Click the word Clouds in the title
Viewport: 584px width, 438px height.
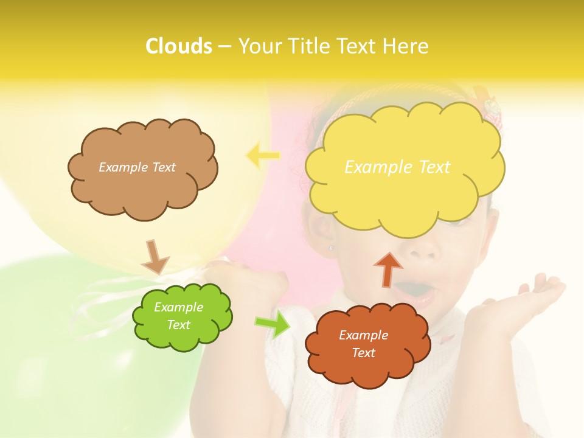tap(178, 46)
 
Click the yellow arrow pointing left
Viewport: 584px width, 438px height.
tap(263, 156)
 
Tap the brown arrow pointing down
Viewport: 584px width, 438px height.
tap(155, 257)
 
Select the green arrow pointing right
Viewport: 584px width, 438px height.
tap(273, 324)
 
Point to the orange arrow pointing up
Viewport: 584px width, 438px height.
tap(388, 268)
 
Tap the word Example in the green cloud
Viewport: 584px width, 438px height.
tap(178, 307)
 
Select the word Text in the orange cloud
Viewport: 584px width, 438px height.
tap(363, 353)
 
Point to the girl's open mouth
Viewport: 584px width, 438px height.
tap(417, 291)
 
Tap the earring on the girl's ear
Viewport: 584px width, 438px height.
tap(332, 248)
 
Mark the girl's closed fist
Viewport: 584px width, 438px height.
tap(255, 286)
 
